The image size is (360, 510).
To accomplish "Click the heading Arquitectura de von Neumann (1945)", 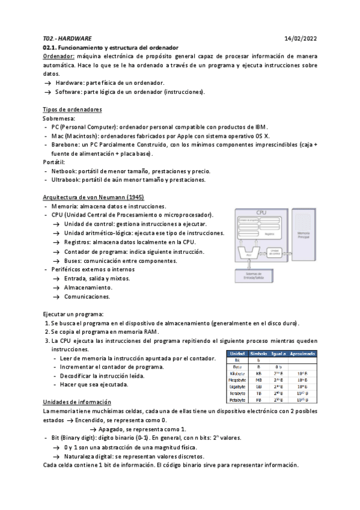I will (93, 197).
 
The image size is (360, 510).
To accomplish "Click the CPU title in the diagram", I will (261, 213).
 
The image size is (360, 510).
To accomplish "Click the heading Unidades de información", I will (77, 401).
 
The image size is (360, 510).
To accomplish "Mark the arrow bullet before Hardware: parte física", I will (47, 82).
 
